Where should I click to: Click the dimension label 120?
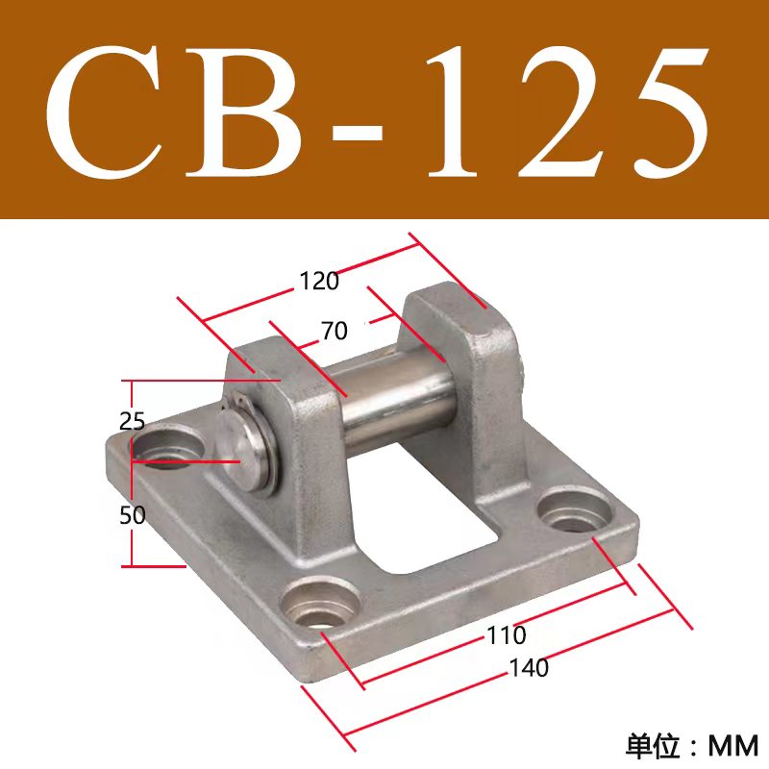pos(319,282)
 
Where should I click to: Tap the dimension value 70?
pos(334,332)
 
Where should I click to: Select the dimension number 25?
pos(132,420)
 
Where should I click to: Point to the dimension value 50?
pos(133,515)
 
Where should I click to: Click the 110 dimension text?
pos(507,635)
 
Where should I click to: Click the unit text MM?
pos(733,745)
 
